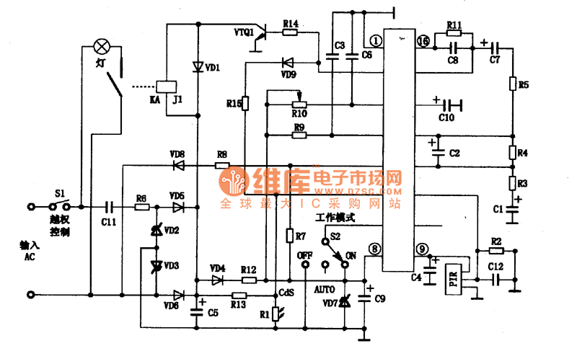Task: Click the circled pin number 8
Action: (x=374, y=249)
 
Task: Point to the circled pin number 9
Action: (x=422, y=249)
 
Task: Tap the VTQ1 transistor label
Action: (x=244, y=32)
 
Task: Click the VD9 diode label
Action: (x=288, y=73)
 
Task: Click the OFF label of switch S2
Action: (x=305, y=255)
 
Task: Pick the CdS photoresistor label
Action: (x=286, y=293)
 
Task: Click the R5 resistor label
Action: (x=524, y=86)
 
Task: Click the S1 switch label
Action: (x=60, y=195)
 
